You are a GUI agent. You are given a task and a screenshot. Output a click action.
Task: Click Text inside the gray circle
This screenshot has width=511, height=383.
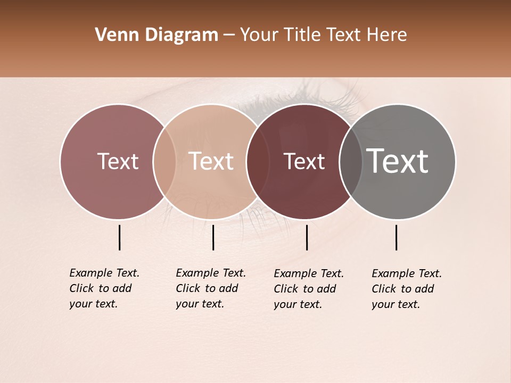point(398,161)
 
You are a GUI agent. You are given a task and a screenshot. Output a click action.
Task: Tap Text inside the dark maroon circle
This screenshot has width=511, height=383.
point(304,162)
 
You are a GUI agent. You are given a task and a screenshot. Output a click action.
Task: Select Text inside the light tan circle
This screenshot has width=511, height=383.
point(211,162)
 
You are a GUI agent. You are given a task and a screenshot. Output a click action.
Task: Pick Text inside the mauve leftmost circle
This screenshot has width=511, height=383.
point(118,162)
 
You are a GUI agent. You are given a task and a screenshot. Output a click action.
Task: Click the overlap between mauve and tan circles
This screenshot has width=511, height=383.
point(164,162)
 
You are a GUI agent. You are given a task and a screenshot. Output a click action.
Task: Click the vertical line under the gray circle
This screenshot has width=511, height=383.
point(397,237)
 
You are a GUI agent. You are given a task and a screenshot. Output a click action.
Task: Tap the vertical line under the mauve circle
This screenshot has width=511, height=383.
point(120,237)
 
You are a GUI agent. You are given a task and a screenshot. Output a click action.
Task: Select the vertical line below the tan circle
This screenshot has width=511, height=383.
point(213,237)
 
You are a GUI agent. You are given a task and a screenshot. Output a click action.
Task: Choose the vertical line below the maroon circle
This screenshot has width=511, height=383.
point(307,237)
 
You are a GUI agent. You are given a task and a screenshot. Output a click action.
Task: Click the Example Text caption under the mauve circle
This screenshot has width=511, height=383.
point(104,288)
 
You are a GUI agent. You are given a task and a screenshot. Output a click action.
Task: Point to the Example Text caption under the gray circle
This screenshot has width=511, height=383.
point(406,289)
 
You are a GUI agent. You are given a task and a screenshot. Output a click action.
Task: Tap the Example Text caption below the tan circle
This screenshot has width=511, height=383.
point(210,288)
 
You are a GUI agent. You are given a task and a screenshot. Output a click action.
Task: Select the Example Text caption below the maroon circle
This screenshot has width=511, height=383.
point(308,289)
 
